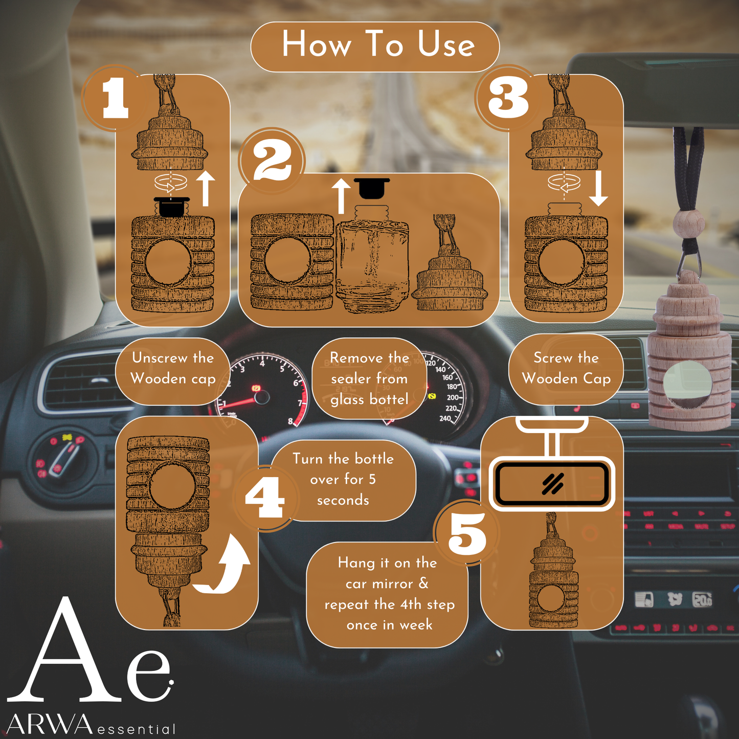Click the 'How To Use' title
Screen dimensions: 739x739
[378, 44]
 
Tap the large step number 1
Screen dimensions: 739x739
[115, 98]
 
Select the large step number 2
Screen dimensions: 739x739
[273, 160]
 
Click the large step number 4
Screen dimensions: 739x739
[265, 497]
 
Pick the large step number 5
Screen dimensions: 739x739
[467, 533]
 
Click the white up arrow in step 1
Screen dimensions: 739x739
[206, 188]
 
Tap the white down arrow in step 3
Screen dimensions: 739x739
[598, 188]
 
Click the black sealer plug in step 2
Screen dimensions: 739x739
[372, 188]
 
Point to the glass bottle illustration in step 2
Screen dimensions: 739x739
[372, 259]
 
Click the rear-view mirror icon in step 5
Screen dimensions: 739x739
[552, 483]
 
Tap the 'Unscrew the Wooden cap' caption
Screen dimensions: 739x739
[172, 368]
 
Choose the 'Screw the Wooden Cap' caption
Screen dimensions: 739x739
[566, 368]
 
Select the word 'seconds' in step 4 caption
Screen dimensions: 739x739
[343, 500]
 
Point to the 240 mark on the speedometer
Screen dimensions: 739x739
[445, 418]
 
